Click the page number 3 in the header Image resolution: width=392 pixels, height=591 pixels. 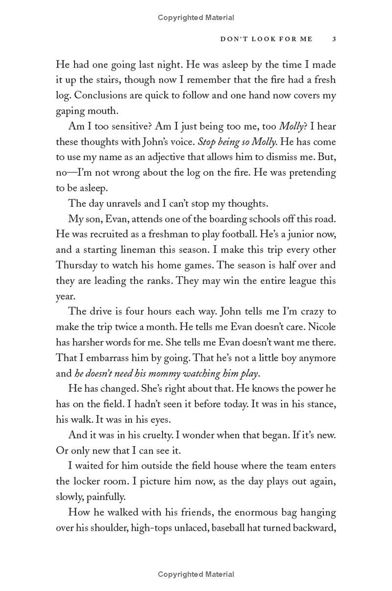pyautogui.click(x=334, y=39)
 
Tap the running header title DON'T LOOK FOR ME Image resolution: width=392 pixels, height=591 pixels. pyautogui.click(x=266, y=39)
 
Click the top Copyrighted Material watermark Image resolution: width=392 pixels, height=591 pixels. pyautogui.click(x=196, y=18)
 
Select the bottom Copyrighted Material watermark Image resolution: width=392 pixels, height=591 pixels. pyautogui.click(x=196, y=574)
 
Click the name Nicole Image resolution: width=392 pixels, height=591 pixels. pyautogui.click(x=320, y=327)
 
